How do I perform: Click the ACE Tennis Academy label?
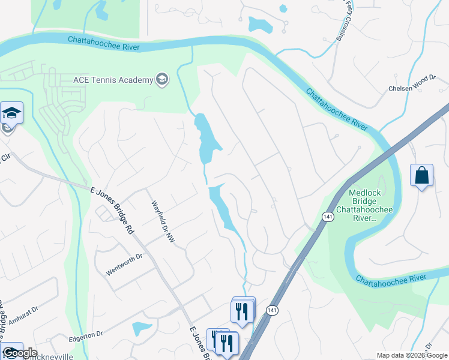[x=113, y=80]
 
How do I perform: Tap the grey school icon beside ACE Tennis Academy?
[x=161, y=79]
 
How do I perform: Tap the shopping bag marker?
[x=422, y=175]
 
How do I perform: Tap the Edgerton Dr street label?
[x=86, y=334]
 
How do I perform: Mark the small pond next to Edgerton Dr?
[x=141, y=328]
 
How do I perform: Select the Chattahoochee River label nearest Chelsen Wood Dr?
[x=336, y=110]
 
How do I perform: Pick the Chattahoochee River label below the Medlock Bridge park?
[x=391, y=279]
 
